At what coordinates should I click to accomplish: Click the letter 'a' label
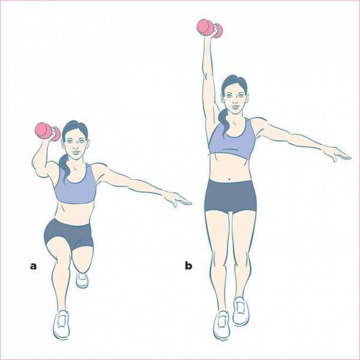(33, 266)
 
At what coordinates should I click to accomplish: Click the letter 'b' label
(188, 265)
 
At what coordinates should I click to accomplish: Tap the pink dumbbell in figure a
(47, 131)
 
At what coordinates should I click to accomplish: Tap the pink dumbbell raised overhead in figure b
(209, 28)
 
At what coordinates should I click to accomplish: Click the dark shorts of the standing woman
(230, 196)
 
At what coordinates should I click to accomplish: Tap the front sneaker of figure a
(61, 325)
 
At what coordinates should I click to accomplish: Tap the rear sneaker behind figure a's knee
(82, 280)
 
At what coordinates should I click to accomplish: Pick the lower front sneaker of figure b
(221, 326)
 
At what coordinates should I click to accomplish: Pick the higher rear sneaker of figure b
(241, 311)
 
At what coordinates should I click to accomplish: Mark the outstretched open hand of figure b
(337, 154)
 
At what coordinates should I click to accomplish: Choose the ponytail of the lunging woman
(64, 166)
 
